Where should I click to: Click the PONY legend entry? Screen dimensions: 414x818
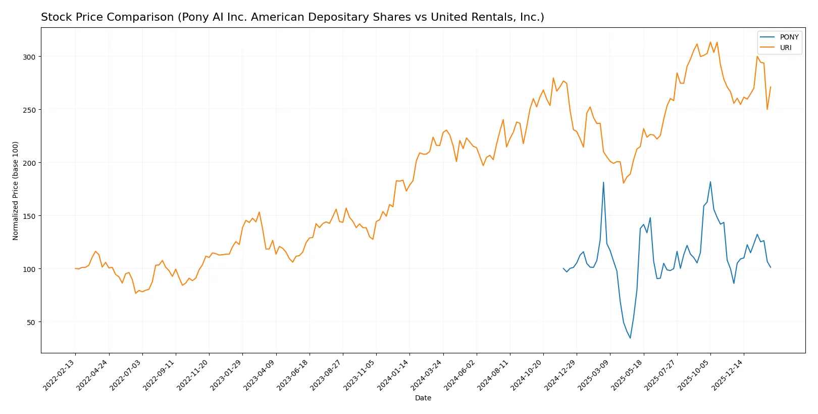[789, 37]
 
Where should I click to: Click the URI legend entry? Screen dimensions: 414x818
[786, 48]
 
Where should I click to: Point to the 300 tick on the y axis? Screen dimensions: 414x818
[29, 57]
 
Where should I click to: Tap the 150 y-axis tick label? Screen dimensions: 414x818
[29, 216]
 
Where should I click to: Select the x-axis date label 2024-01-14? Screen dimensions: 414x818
[395, 375]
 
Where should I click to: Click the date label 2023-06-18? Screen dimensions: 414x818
[294, 375]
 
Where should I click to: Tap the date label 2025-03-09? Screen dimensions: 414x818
[595, 375]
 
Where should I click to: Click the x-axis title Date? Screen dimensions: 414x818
[423, 398]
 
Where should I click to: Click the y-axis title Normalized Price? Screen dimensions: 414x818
[16, 191]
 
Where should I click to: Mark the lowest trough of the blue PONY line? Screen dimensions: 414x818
[630, 338]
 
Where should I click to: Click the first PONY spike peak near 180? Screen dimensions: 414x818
[603, 182]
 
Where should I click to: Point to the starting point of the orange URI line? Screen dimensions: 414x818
[75, 268]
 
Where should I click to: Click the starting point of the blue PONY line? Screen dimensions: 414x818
[564, 268]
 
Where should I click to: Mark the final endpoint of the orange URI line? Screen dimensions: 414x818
[771, 87]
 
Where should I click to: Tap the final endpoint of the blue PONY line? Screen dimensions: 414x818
[771, 267]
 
